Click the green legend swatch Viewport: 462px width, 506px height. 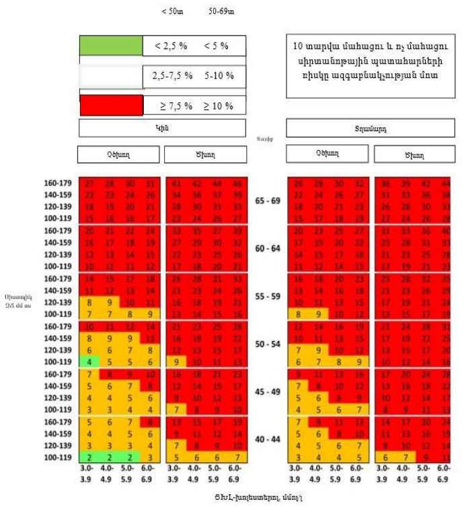coord(111,46)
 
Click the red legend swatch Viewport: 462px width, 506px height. coord(111,106)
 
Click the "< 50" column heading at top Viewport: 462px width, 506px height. coord(172,11)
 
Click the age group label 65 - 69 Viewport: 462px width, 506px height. coord(268,201)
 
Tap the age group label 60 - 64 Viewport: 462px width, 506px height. coord(268,248)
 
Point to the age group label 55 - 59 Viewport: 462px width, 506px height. coord(268,296)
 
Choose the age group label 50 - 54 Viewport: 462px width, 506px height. coord(268,344)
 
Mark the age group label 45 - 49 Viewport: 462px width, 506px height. coord(268,392)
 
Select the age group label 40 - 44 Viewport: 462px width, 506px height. coord(268,439)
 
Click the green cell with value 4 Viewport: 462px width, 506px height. coord(89,361)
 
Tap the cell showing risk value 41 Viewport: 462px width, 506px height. coord(177,183)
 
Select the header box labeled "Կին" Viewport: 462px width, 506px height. coord(163,128)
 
